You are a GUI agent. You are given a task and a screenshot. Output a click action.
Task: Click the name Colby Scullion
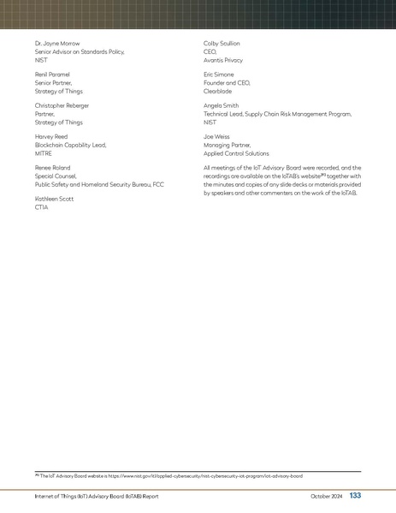(x=222, y=43)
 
